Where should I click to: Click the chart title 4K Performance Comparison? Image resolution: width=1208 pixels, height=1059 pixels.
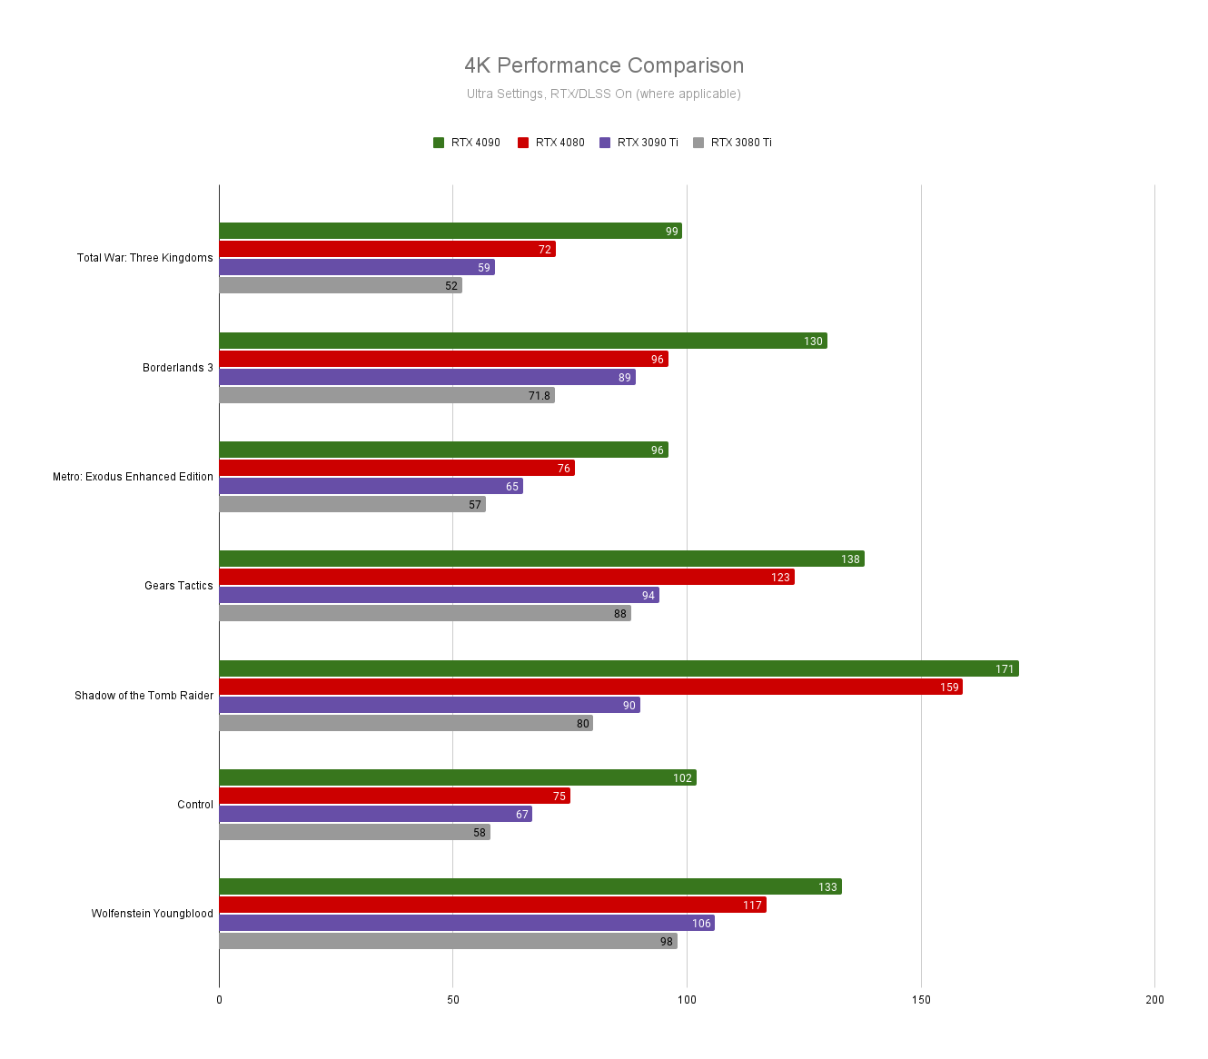click(x=604, y=65)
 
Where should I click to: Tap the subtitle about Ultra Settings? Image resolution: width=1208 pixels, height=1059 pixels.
click(x=604, y=94)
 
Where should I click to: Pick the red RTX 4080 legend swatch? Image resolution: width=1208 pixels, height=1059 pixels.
click(x=523, y=143)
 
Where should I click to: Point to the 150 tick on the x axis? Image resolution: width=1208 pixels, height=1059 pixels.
click(x=921, y=1000)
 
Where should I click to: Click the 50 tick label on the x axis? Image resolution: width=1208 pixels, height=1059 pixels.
click(x=452, y=1000)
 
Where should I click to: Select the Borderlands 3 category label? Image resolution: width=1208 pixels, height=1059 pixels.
click(x=178, y=368)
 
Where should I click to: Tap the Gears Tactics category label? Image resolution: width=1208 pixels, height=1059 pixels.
click(x=179, y=586)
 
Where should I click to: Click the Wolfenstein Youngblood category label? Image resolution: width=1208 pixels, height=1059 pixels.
click(x=153, y=914)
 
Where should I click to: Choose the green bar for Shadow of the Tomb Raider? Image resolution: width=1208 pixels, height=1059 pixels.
click(x=618, y=668)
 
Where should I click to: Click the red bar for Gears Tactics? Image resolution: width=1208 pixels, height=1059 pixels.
click(x=506, y=577)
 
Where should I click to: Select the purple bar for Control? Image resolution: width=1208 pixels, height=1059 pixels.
click(x=375, y=814)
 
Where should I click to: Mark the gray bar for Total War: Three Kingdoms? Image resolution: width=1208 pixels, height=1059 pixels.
click(x=341, y=285)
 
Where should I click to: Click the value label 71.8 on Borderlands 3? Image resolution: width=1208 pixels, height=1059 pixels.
click(x=540, y=396)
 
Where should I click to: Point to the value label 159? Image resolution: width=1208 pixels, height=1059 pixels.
click(x=949, y=688)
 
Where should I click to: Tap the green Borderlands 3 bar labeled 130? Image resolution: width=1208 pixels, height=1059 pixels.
click(x=522, y=341)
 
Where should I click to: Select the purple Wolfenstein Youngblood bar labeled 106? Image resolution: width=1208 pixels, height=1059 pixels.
click(x=466, y=923)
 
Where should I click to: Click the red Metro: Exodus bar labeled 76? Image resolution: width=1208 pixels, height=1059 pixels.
click(x=396, y=468)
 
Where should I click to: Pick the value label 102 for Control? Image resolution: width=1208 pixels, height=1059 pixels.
click(x=682, y=778)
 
